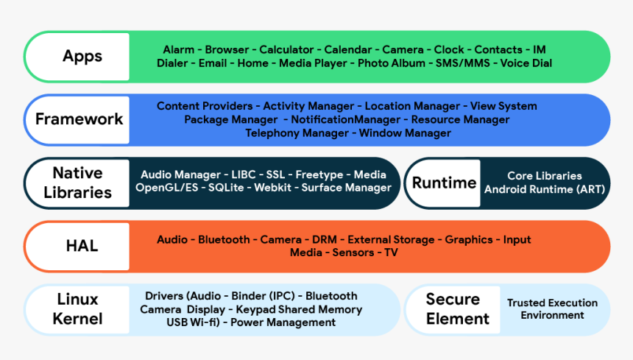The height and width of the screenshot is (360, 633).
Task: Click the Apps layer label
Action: tap(82, 57)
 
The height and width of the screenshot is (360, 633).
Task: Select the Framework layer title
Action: tap(79, 119)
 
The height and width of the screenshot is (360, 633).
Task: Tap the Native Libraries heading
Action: tap(77, 183)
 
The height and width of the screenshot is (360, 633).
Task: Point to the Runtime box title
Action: tap(444, 183)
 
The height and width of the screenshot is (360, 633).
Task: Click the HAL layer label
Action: tap(82, 246)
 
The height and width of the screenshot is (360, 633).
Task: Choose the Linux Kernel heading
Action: tap(77, 309)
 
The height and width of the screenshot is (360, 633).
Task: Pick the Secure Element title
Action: tap(457, 309)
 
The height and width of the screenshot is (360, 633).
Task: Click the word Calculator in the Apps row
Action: tap(286, 50)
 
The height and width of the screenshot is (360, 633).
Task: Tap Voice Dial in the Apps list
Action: tap(526, 63)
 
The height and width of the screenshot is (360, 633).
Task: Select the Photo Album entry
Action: tap(391, 63)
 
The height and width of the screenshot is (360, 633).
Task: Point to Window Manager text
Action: tap(405, 133)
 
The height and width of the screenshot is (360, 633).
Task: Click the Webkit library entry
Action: tap(272, 188)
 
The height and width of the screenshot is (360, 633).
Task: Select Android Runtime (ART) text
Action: tap(545, 189)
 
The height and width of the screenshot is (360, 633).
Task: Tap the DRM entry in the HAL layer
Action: tap(325, 240)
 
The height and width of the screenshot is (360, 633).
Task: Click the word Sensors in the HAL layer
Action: tap(354, 253)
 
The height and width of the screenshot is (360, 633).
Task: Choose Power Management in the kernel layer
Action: tap(283, 322)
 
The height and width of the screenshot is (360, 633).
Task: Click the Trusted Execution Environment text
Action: tap(552, 309)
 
